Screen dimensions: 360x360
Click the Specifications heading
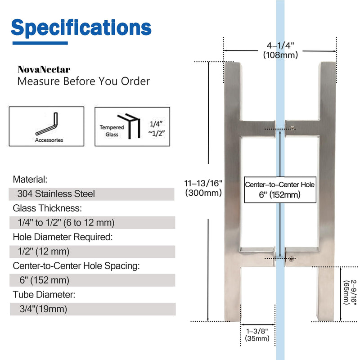click(81, 28)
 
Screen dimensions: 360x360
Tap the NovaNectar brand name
click(44, 70)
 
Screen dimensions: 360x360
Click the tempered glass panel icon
click(129, 126)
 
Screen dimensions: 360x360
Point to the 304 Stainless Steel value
click(56, 194)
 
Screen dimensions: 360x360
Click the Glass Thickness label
click(47, 208)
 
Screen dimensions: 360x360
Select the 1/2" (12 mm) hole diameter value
click(44, 252)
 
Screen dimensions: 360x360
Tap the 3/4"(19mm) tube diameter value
click(43, 309)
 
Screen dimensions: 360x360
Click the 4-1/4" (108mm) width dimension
click(280, 50)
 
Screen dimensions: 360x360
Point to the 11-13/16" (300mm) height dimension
click(203, 188)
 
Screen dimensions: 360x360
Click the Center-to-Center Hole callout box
click(280, 189)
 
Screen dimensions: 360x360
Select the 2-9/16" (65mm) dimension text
click(350, 292)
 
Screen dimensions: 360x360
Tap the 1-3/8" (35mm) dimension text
click(257, 335)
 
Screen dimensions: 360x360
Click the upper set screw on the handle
click(292, 128)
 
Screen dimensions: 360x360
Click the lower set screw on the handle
click(291, 259)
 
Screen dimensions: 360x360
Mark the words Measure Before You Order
click(84, 81)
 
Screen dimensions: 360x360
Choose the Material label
click(30, 180)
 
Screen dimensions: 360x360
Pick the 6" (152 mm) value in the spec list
click(44, 280)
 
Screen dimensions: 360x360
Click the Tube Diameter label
click(44, 295)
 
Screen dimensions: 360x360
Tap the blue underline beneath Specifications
click(40, 43)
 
